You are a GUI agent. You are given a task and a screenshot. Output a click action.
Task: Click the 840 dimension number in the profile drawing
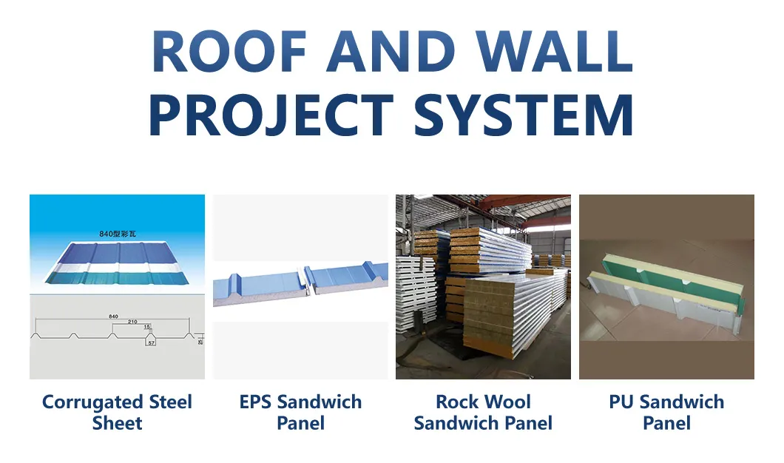[113, 316]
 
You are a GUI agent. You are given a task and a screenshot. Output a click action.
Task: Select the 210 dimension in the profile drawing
[132, 322]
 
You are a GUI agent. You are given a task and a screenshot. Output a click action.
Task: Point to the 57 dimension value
[151, 343]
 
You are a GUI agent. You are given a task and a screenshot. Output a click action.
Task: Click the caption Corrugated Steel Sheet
[117, 413]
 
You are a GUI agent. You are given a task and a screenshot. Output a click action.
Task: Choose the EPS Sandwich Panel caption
[300, 413]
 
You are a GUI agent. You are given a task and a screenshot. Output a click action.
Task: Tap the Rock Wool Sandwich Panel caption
[483, 413]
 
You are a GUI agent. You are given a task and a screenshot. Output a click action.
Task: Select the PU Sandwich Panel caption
[666, 413]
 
